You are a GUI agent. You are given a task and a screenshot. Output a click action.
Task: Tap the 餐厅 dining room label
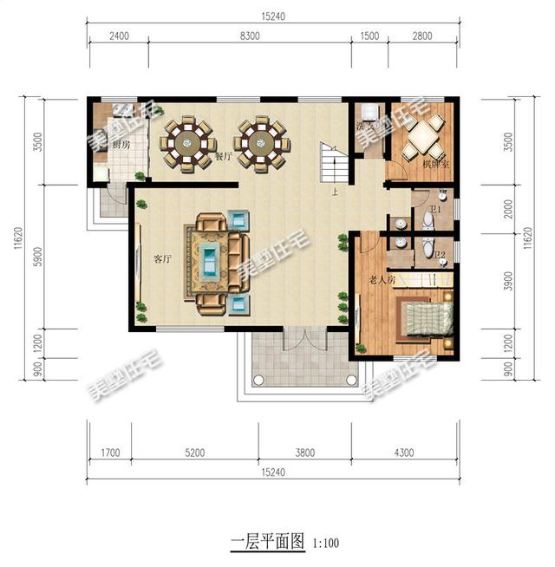click(x=223, y=157)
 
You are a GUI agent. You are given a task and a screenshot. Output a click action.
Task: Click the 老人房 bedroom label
click(x=382, y=279)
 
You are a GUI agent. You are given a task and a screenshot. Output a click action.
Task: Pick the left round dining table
click(x=190, y=141)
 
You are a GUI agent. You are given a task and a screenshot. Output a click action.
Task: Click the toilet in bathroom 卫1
click(x=426, y=222)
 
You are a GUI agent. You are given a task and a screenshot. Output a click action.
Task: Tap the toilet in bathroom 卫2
click(x=427, y=252)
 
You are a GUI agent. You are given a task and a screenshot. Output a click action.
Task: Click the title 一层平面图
click(x=266, y=543)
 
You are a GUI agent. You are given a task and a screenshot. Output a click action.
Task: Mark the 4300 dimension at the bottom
click(x=403, y=452)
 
